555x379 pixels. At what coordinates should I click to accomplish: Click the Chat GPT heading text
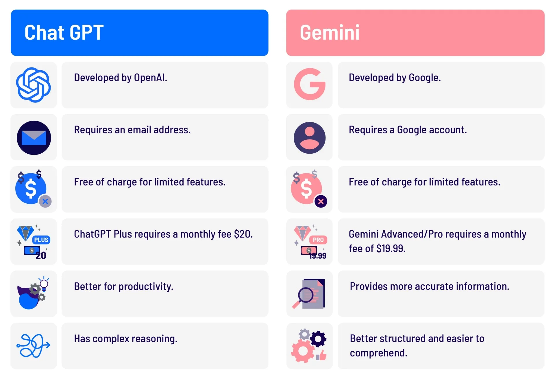(64, 32)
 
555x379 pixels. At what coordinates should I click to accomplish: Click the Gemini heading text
(330, 32)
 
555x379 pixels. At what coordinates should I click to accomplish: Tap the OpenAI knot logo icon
(34, 85)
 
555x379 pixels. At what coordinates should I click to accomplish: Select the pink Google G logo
(310, 84)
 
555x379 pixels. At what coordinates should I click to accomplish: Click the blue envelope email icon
(34, 138)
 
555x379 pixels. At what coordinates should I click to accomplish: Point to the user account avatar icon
(310, 138)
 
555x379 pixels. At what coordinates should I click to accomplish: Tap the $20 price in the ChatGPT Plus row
(243, 234)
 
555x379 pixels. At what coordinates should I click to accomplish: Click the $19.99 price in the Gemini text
(391, 249)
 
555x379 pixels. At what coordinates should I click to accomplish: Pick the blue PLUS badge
(41, 240)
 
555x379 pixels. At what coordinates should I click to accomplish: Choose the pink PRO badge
(318, 240)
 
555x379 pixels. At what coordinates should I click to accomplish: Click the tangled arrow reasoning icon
(34, 345)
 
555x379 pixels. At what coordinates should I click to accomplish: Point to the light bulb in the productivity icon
(44, 284)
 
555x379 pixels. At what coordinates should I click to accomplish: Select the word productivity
(146, 287)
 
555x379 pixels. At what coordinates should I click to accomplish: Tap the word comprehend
(378, 353)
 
